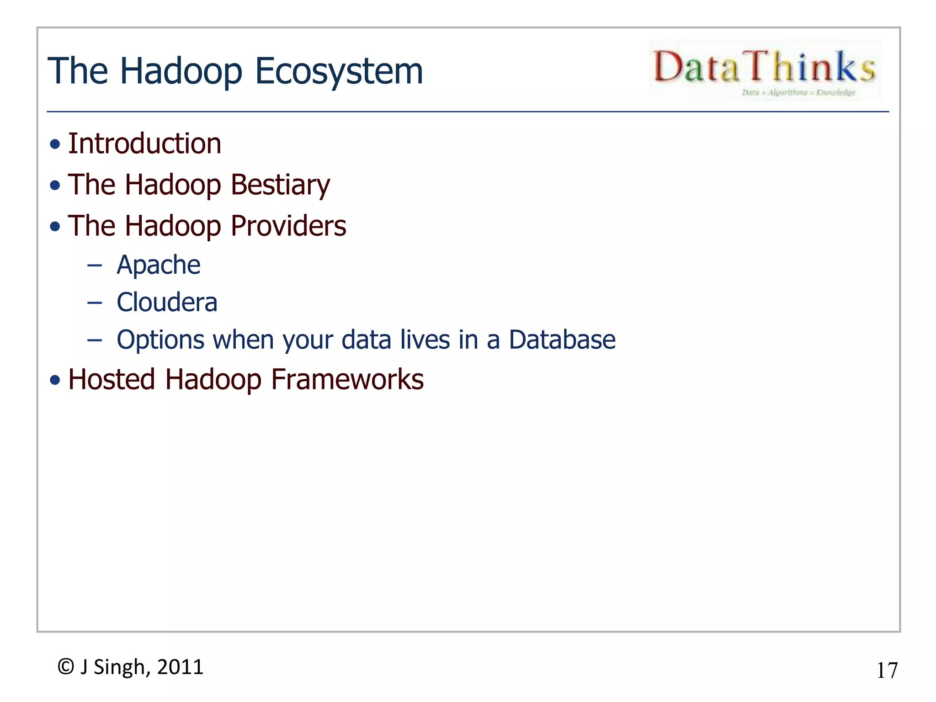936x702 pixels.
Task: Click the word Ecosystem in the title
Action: tap(339, 71)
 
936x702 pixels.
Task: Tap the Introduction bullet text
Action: tap(144, 144)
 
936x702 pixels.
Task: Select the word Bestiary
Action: tap(280, 185)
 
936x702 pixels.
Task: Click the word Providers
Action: tap(288, 226)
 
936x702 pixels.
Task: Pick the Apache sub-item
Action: tap(158, 265)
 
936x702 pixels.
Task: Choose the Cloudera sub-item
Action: tap(167, 303)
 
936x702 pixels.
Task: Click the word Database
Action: tap(562, 340)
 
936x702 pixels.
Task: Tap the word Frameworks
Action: tap(347, 379)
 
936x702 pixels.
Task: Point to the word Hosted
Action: tap(112, 379)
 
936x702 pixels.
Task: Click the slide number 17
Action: tap(887, 670)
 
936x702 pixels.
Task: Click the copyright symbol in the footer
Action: tap(66, 667)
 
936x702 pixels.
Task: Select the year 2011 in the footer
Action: tap(180, 667)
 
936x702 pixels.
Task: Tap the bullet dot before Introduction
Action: tap(55, 145)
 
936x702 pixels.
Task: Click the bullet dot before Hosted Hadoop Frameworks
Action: tap(55, 380)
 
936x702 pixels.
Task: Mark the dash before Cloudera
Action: tap(94, 303)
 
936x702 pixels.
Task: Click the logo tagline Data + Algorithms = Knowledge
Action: tap(798, 93)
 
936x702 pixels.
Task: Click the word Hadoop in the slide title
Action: tap(181, 71)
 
